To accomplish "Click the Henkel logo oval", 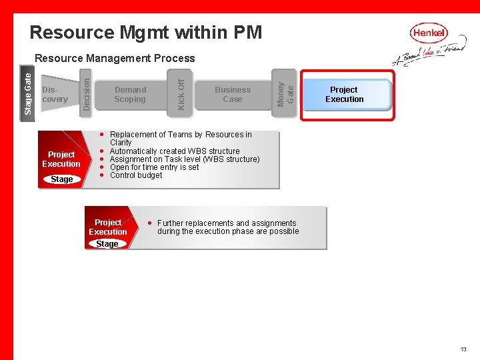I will coord(429,33).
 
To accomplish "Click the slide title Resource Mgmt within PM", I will coord(146,32).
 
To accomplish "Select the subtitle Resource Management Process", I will coord(115,59).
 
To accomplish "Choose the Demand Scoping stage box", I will coord(130,95).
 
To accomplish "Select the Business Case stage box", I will coord(233,95).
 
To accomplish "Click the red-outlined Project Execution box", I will coord(344,95).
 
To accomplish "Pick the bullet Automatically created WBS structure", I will coord(174,151).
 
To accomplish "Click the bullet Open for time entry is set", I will coord(154,167).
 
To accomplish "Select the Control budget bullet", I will coord(135,175).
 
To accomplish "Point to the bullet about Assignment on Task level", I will coord(184,159).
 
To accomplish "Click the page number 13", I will coord(463,349).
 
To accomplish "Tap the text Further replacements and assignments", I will coord(227,223).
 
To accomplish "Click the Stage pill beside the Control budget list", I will coord(62,179).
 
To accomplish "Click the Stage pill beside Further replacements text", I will coord(107,244).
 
